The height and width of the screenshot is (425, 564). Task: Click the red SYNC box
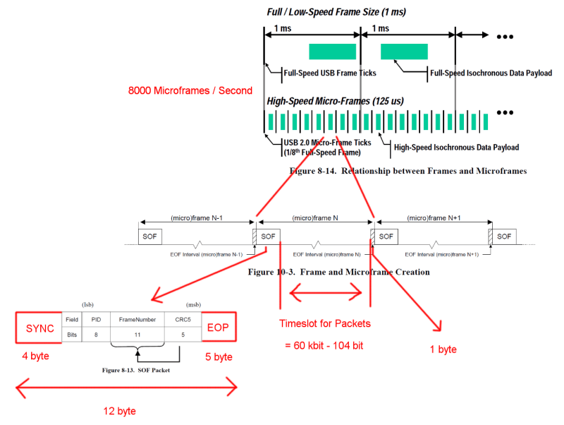pyautogui.click(x=39, y=329)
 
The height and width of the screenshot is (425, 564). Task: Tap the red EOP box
pyautogui.click(x=219, y=328)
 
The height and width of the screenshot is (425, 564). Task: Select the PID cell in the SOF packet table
pyautogui.click(x=96, y=320)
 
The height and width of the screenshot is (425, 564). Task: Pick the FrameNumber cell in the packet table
pyautogui.click(x=137, y=320)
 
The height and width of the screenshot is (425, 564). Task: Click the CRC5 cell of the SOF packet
pyautogui.click(x=183, y=320)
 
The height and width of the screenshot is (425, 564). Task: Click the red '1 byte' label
pyautogui.click(x=443, y=349)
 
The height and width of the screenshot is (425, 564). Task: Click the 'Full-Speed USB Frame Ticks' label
pyautogui.click(x=329, y=72)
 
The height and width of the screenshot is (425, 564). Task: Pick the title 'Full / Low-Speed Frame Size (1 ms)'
pyautogui.click(x=336, y=12)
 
